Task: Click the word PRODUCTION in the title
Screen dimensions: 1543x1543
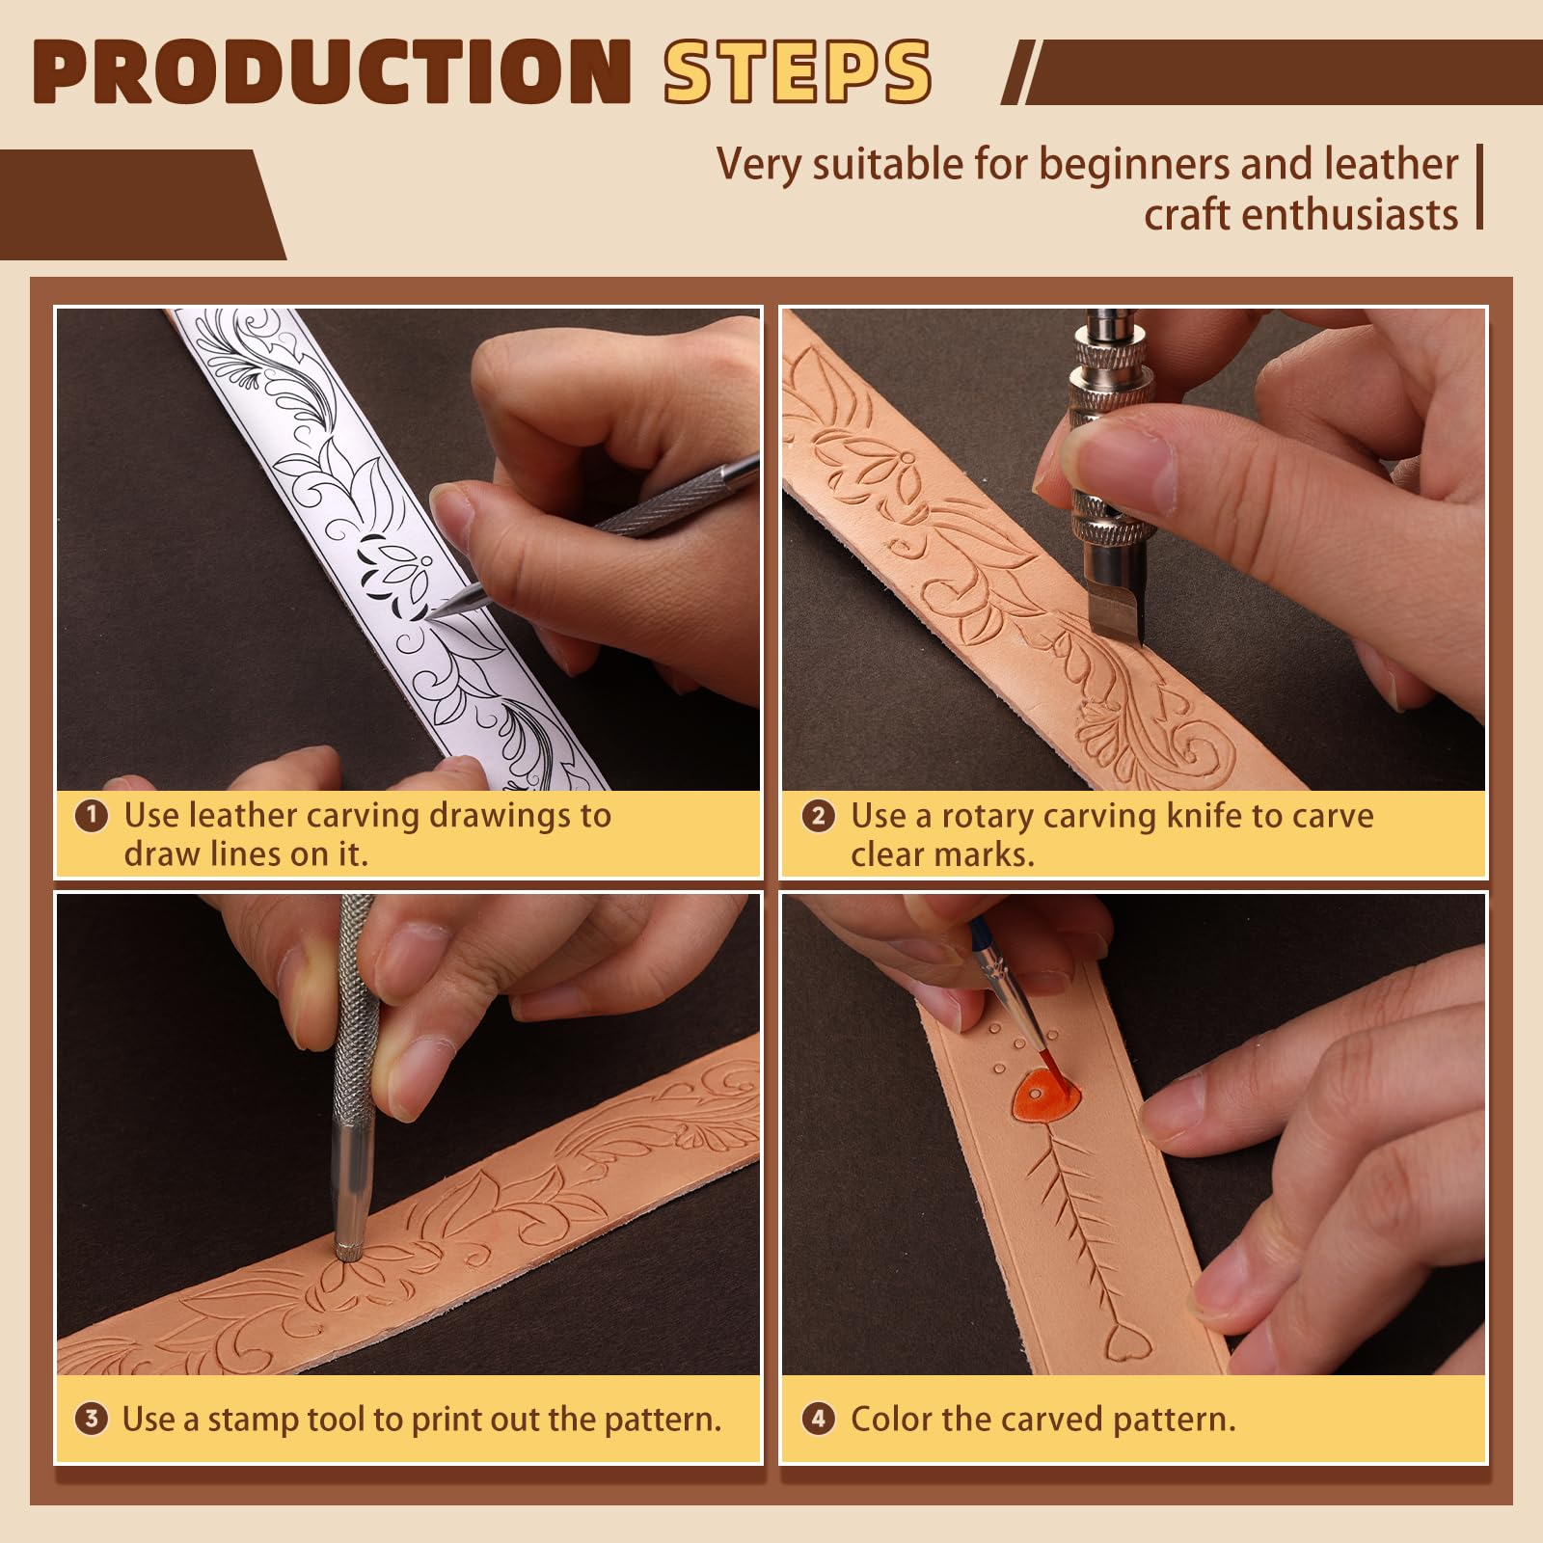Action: tap(331, 72)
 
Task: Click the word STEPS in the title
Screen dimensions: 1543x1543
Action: tap(797, 72)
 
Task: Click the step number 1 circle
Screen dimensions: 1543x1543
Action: tap(91, 816)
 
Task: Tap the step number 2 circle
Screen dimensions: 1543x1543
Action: tap(818, 816)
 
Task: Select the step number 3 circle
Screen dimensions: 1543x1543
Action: tap(91, 1419)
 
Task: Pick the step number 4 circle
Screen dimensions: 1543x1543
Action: tap(818, 1419)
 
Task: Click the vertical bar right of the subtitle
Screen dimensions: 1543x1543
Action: tap(1478, 187)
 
